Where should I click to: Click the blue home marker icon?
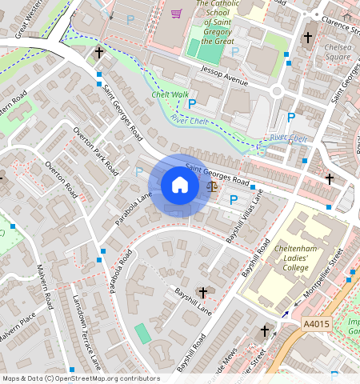(180, 186)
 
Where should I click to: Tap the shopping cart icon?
(177, 13)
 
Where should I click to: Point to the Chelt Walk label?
(170, 94)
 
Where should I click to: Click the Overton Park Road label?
(95, 150)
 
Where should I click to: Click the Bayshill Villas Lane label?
(246, 215)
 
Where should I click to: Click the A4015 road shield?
(317, 324)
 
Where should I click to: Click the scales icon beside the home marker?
(211, 186)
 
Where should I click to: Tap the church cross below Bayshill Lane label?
(203, 293)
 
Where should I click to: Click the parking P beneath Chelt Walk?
(191, 103)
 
